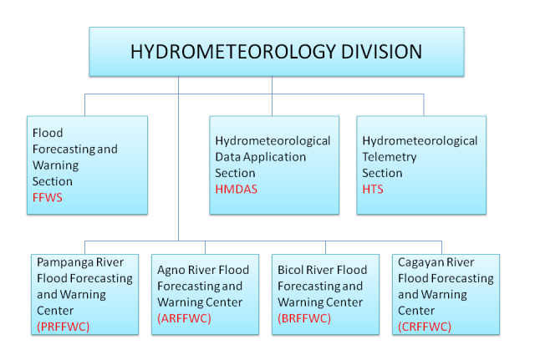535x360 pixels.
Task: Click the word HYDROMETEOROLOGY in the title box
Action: coord(233,52)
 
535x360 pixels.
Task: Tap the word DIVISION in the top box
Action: coord(381,52)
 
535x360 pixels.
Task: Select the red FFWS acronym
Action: coord(48,198)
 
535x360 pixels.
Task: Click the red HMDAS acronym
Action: coord(236,190)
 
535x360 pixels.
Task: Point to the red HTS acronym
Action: coord(373,190)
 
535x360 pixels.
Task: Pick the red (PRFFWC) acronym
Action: coord(64,327)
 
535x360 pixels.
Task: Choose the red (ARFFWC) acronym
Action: coord(184,318)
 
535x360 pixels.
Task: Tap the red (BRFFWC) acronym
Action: coord(304,318)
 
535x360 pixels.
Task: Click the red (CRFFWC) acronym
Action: coord(425,327)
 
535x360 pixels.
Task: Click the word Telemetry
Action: coord(390,157)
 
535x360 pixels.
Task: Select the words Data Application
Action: coord(261,157)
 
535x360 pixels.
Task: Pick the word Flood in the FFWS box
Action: coord(48,133)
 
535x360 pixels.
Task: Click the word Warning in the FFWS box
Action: coord(56,165)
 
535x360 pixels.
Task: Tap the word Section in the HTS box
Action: coord(382,173)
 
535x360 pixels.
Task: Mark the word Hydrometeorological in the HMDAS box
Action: coord(273,141)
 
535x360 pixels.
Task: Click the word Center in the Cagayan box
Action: coord(416,311)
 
